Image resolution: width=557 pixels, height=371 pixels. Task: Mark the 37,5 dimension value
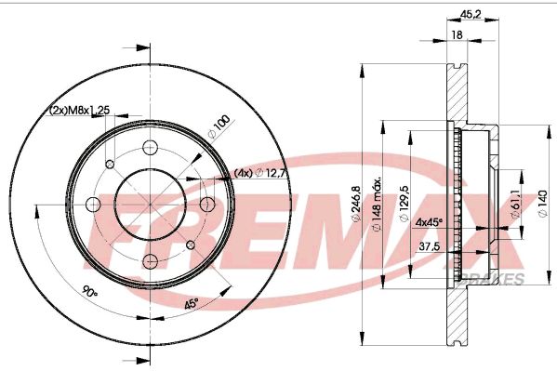(429, 247)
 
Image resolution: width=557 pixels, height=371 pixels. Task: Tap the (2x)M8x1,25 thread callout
(80, 110)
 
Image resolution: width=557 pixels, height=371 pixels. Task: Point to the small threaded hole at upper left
(109, 164)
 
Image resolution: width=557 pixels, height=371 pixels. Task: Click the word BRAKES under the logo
(498, 278)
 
